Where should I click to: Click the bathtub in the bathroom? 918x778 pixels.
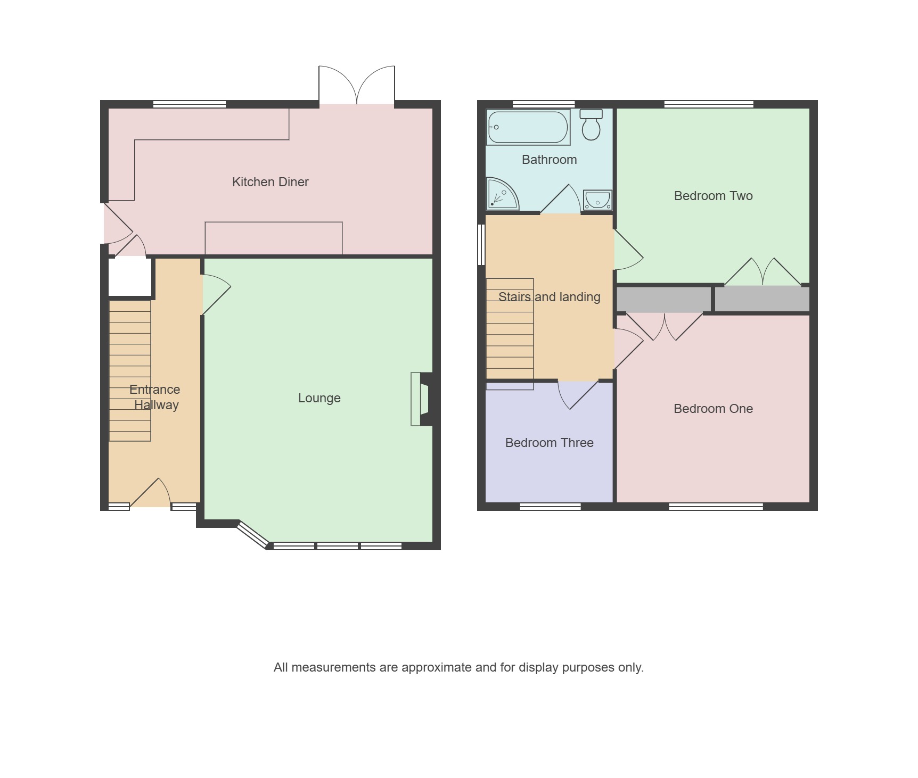tap(528, 127)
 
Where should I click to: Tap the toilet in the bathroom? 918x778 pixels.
tap(591, 125)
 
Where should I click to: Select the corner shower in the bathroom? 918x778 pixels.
tap(502, 194)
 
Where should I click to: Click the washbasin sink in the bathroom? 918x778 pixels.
tap(597, 200)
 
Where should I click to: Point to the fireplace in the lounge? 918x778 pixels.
tap(421, 399)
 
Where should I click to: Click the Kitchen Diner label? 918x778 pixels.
tap(271, 182)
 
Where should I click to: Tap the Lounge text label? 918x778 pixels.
tap(319, 398)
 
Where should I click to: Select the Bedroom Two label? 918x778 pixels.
tap(714, 196)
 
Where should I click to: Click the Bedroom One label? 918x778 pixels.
tap(714, 409)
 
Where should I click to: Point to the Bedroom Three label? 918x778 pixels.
tap(550, 443)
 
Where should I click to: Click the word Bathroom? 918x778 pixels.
tap(550, 160)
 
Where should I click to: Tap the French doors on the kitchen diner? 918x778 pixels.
tap(357, 85)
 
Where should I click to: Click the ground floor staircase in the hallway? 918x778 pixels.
tap(130, 371)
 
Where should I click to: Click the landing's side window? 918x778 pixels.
tap(481, 245)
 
